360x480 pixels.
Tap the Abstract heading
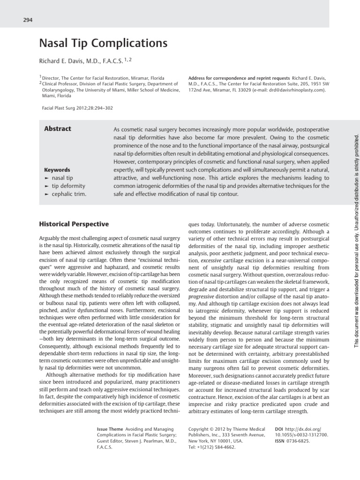pyautogui.click(x=58, y=129)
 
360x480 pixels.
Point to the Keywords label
pyautogui.click(x=57, y=170)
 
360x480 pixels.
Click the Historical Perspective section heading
pyautogui.click(x=74, y=225)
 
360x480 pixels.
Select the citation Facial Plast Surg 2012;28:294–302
pyautogui.click(x=77, y=108)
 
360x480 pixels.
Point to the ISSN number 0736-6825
pyautogui.click(x=299, y=441)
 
